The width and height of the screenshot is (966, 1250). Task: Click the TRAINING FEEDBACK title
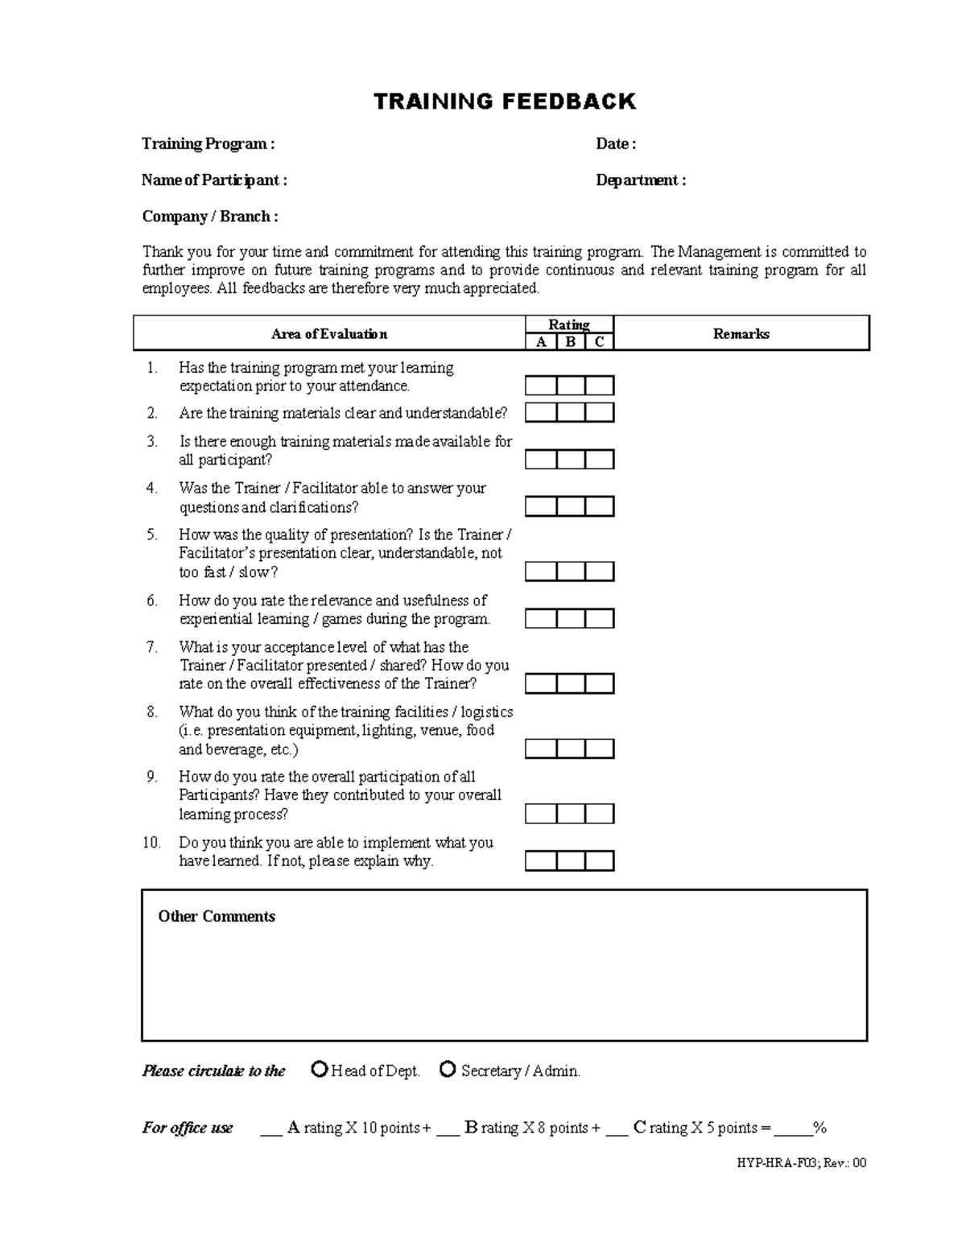[x=505, y=101]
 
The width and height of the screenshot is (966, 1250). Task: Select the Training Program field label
[x=208, y=144]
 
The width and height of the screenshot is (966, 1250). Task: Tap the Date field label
[x=616, y=144]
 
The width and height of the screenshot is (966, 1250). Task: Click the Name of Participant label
[x=214, y=180]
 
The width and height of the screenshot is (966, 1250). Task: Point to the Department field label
[x=641, y=180]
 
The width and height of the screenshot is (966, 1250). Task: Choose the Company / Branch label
[x=210, y=217]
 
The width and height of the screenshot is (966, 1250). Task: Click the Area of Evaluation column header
[x=329, y=334]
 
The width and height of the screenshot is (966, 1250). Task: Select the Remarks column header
[x=741, y=334]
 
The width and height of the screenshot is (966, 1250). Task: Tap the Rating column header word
[x=569, y=324]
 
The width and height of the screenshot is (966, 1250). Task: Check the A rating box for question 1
[x=541, y=386]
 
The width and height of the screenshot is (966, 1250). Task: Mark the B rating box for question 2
[x=570, y=413]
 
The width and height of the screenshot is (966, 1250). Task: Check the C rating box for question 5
[x=599, y=571]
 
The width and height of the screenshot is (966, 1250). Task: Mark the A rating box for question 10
[x=541, y=861]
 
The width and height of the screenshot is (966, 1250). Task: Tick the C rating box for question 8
[x=599, y=749]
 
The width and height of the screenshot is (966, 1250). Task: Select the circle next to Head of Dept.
[x=320, y=1070]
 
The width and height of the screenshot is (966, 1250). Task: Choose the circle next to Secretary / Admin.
[x=448, y=1070]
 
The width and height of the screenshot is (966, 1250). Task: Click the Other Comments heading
[x=217, y=917]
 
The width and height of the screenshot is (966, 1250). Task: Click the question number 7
[x=151, y=647]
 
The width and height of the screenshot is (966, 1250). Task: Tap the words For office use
[x=188, y=1128]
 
